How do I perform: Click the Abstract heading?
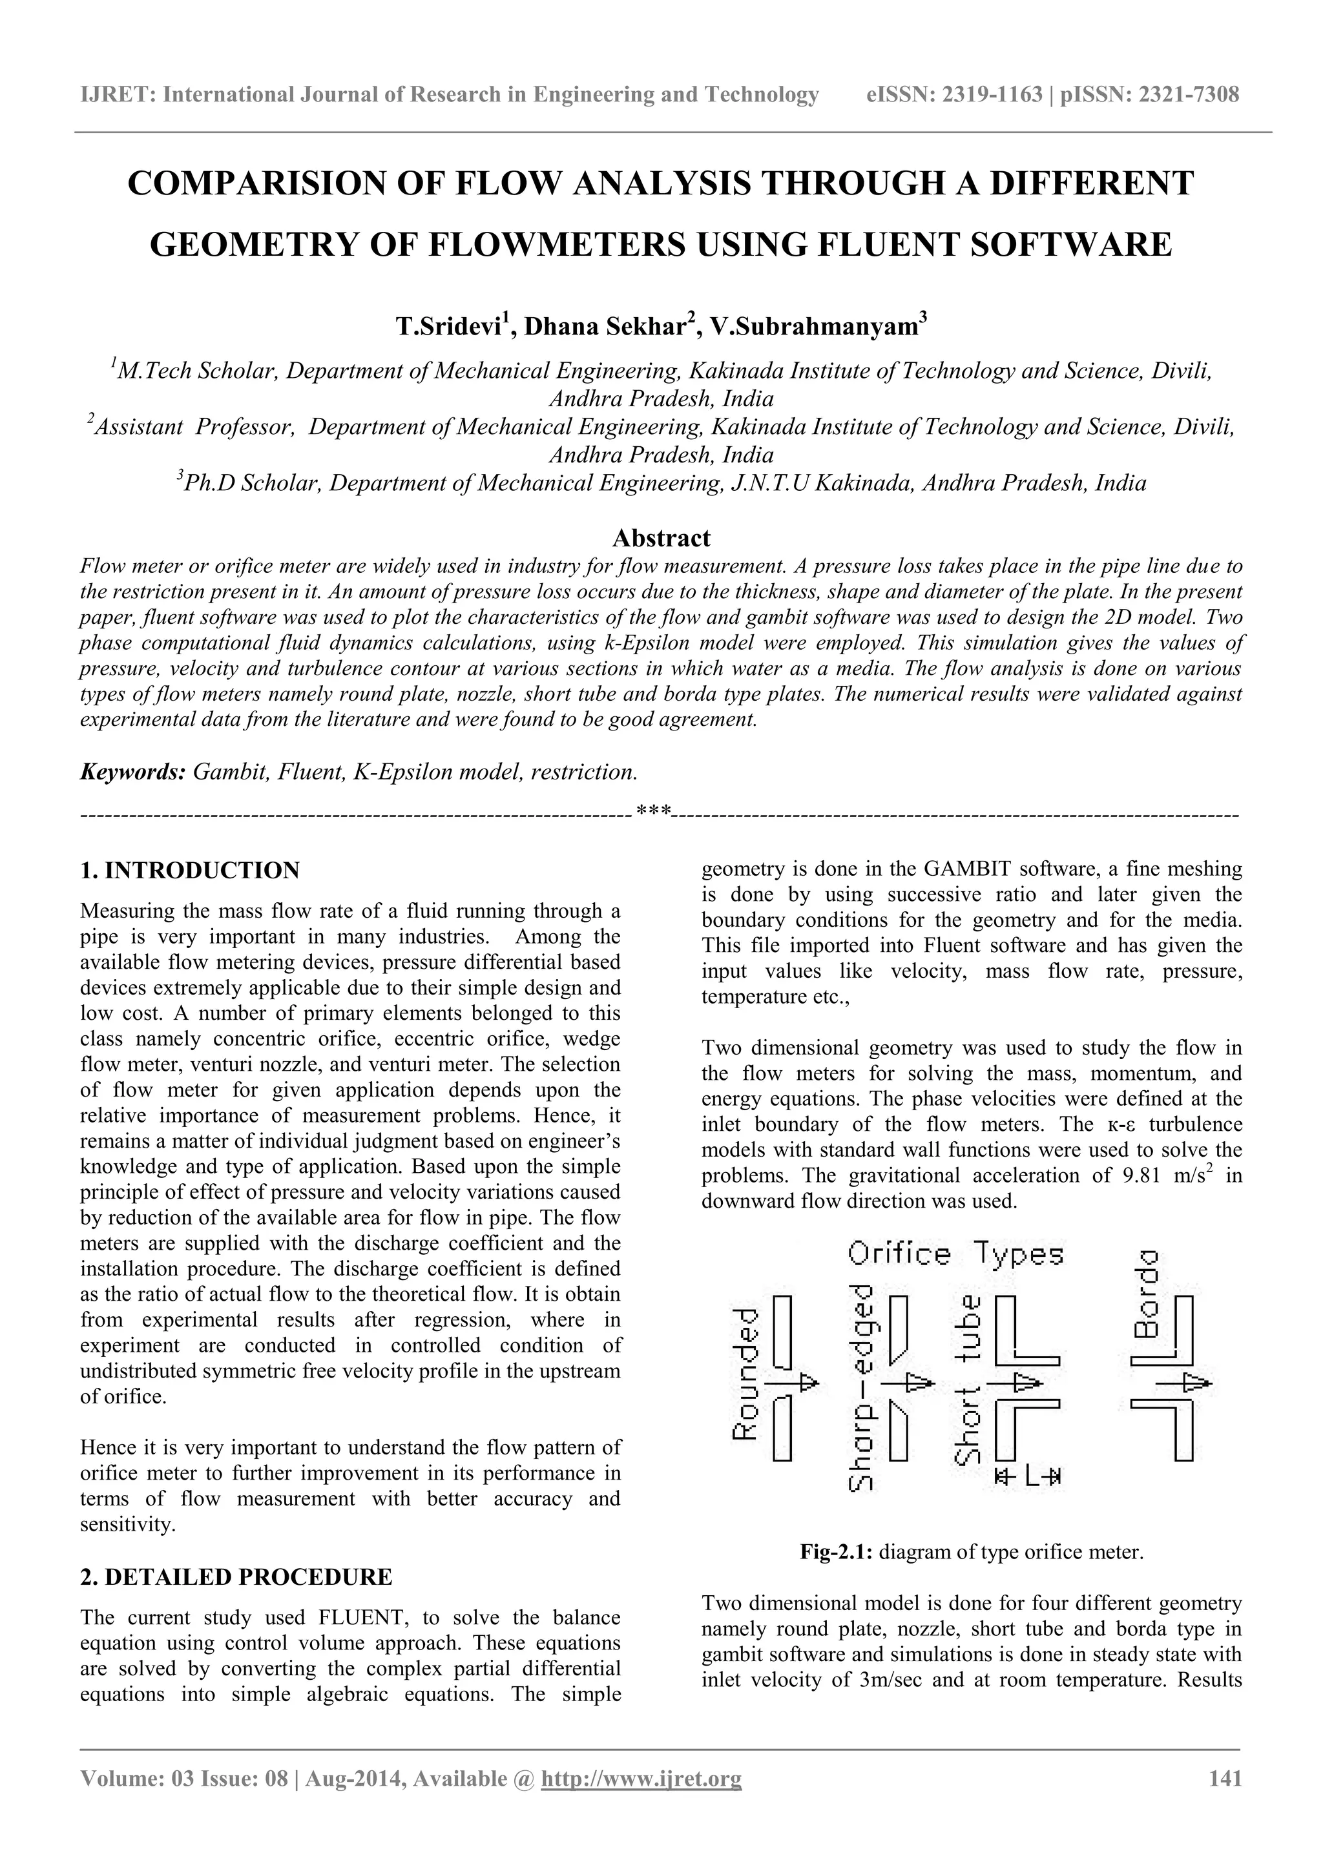(x=661, y=538)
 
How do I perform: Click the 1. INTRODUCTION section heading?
(x=190, y=871)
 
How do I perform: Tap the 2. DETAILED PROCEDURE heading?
(x=236, y=1577)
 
